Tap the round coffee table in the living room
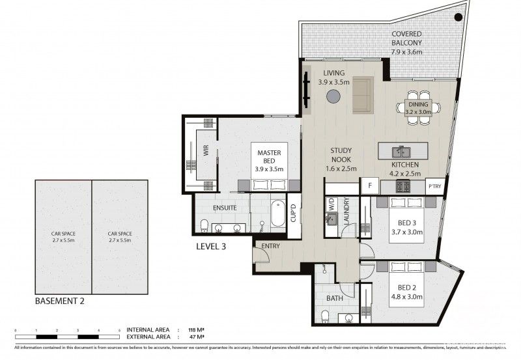[x=333, y=97]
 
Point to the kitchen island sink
[x=397, y=152]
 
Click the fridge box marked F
[x=370, y=186]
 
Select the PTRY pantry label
[x=434, y=186]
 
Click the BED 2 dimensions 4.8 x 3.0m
[x=408, y=297]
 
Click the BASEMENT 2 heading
[x=59, y=302]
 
